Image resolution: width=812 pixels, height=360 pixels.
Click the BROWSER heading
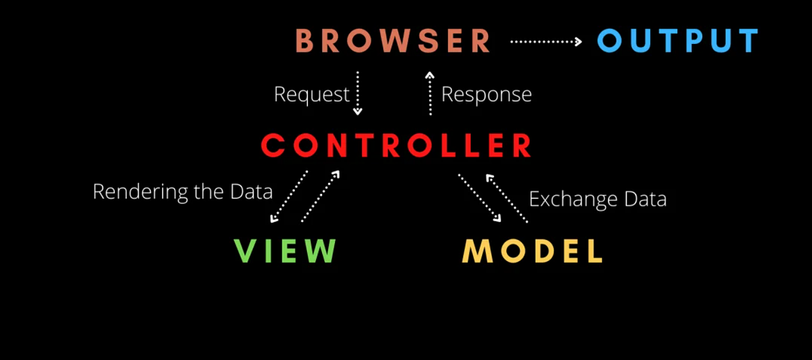coord(393,41)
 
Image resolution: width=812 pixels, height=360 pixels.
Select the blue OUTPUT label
coord(678,41)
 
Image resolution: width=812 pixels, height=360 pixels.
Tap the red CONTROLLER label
coord(397,145)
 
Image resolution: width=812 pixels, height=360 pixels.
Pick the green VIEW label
coord(285,250)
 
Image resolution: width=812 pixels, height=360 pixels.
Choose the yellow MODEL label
coord(532,250)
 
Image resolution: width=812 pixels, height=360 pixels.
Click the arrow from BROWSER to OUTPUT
coord(545,41)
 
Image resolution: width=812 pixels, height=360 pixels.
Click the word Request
coord(311,95)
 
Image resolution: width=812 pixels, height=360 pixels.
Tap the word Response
coord(486,95)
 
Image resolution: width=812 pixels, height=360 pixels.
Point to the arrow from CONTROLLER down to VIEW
coord(289,197)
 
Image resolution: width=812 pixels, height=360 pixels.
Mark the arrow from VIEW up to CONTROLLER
coord(320,197)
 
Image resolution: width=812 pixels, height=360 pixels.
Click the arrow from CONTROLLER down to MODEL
coord(480,198)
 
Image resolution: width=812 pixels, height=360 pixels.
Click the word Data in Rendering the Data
coord(250,192)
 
